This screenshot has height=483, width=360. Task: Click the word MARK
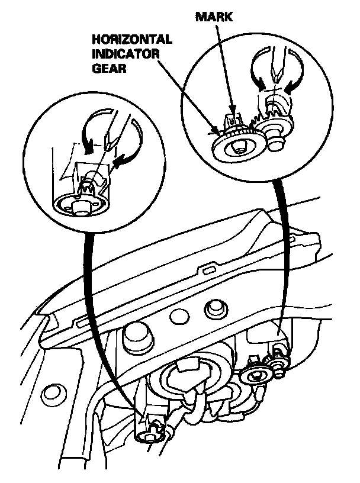click(214, 18)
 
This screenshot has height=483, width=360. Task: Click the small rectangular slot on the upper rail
click(207, 270)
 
